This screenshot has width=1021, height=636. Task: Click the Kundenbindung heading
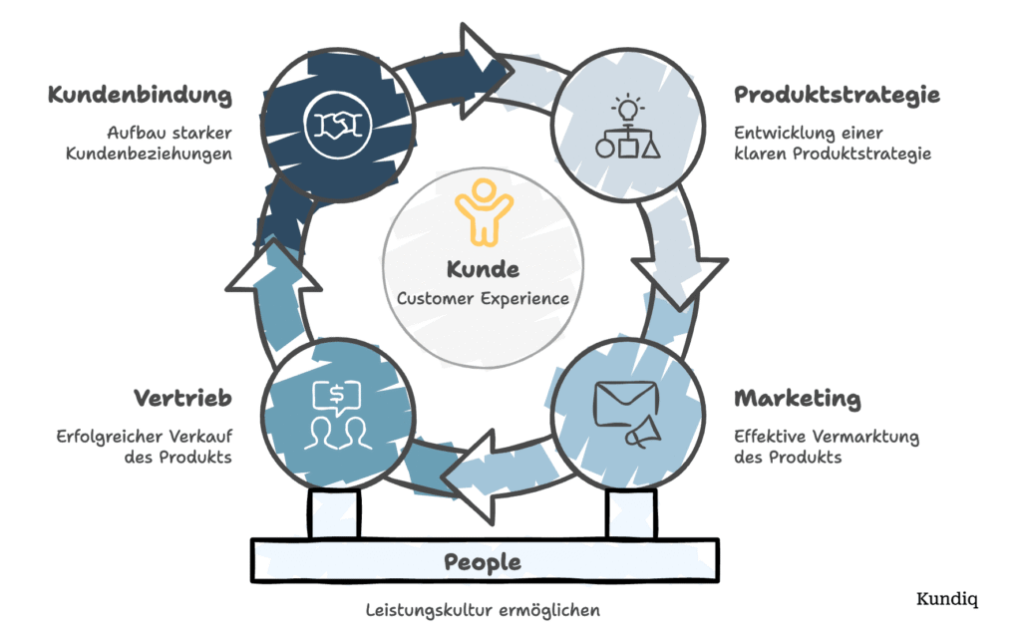(x=140, y=96)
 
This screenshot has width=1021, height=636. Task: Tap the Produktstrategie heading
(x=837, y=96)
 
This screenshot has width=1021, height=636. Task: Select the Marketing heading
(x=797, y=399)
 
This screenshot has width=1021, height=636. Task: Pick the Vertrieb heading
(x=182, y=399)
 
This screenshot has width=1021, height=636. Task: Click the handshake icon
(x=336, y=125)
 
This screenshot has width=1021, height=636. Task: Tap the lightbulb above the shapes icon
(x=627, y=106)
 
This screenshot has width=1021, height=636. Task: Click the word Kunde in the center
(x=484, y=269)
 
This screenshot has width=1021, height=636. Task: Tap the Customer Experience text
(x=484, y=298)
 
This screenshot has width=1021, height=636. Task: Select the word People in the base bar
(x=483, y=561)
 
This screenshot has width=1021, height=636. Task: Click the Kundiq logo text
(x=947, y=599)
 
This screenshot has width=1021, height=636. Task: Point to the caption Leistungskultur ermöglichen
(x=483, y=609)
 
